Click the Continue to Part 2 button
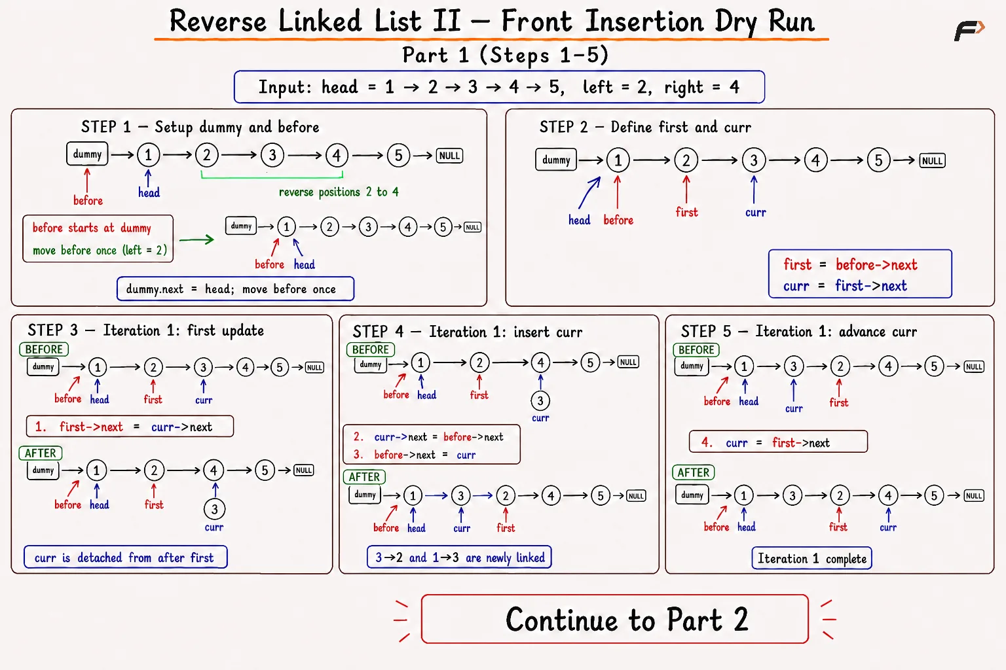point(614,619)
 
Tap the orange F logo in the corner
point(969,31)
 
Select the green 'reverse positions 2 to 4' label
point(339,192)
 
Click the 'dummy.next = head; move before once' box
point(235,289)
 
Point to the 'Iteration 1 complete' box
point(812,558)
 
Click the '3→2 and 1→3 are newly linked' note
point(459,557)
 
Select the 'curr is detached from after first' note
point(125,557)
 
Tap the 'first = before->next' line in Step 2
point(850,265)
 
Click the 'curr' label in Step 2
point(755,213)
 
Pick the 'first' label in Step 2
point(686,212)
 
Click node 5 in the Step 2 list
point(878,160)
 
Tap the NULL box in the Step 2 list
point(933,161)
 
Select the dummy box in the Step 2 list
point(556,160)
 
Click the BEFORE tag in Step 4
point(371,349)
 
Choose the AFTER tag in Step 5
point(693,472)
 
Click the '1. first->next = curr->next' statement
point(130,427)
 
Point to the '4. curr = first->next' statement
point(778,442)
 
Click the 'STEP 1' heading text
point(106,127)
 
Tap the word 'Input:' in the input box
point(285,86)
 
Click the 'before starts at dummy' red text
point(92,228)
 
